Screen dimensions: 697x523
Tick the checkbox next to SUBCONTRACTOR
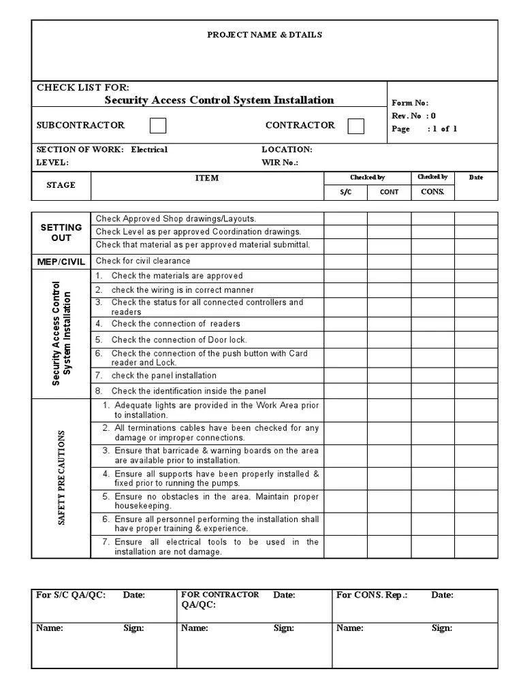click(157, 125)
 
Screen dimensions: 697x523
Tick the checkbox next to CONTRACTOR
click(355, 126)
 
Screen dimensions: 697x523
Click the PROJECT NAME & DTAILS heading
click(265, 35)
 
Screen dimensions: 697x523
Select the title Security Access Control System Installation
click(219, 100)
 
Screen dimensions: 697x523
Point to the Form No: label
click(409, 103)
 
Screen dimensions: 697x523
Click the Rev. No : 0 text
click(413, 116)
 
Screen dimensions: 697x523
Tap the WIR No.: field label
click(280, 163)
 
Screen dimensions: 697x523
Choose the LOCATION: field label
click(287, 149)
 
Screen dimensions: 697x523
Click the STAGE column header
click(61, 185)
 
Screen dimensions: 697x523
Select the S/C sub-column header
click(345, 192)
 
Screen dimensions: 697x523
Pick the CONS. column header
click(432, 191)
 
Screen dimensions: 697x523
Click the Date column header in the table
click(476, 178)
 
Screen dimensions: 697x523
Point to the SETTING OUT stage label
click(61, 232)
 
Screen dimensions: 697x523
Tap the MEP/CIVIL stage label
click(61, 261)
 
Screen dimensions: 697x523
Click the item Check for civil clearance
click(143, 261)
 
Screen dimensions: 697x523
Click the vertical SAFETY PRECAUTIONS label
click(61, 476)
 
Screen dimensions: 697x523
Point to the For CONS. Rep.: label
click(372, 595)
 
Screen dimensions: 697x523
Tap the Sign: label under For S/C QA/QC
click(133, 628)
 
